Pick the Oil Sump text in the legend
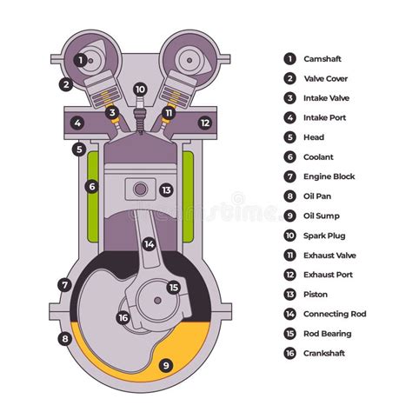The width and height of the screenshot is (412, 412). pyautogui.click(x=321, y=216)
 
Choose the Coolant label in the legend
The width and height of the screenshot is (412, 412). pyautogui.click(x=318, y=157)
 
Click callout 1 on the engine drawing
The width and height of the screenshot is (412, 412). pyautogui.click(x=80, y=60)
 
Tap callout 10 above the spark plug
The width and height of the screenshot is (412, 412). pyautogui.click(x=140, y=90)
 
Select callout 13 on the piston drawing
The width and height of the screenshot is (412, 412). pyautogui.click(x=166, y=189)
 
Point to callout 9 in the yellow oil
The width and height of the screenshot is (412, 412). pyautogui.click(x=165, y=365)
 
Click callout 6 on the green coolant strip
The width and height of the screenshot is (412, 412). pyautogui.click(x=91, y=186)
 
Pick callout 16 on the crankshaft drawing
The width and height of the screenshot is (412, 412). pyautogui.click(x=123, y=317)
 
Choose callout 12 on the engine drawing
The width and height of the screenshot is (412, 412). pyautogui.click(x=204, y=123)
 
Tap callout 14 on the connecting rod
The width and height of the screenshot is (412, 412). pyautogui.click(x=149, y=244)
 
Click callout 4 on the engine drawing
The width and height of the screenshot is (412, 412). pyautogui.click(x=77, y=123)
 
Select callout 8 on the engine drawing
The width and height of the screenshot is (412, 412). pyautogui.click(x=64, y=338)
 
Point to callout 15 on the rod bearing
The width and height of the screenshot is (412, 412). pyautogui.click(x=173, y=288)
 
